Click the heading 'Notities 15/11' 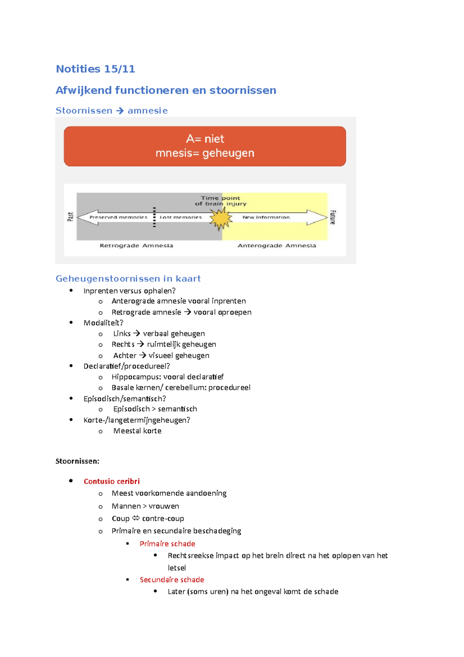pos(95,69)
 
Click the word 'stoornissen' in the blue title pos(242,91)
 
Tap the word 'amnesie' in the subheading pos(148,111)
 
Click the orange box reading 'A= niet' pos(205,146)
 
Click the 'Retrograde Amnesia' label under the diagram pos(136,246)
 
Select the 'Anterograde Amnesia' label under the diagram pos(276,246)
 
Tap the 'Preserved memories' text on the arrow pos(118,217)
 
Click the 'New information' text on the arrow pos(266,217)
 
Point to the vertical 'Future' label pos(333,217)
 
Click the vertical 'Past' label pos(70,217)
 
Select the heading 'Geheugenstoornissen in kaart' pos(128,279)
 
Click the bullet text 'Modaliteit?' pos(103,323)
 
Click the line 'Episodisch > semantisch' pos(155,409)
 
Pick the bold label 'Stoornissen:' pos(77,461)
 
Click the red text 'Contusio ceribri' pos(112,481)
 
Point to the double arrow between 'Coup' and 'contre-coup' pos(136,518)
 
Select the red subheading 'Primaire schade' pos(167,544)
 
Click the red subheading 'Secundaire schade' pos(172,580)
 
